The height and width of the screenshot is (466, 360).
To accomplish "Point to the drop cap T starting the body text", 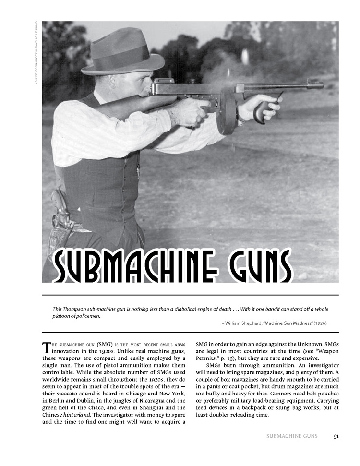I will (47, 347).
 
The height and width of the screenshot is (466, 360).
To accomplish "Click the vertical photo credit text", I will (36, 53).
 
